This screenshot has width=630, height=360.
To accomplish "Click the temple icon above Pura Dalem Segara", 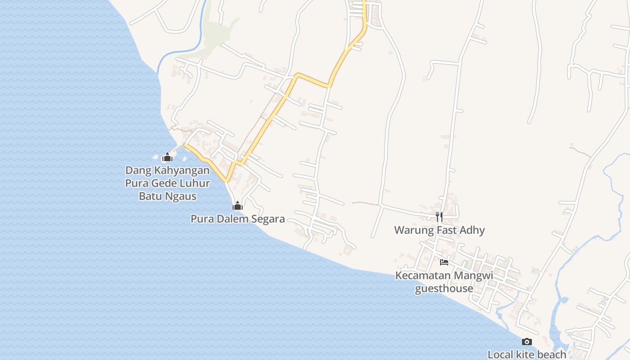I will pos(237,206).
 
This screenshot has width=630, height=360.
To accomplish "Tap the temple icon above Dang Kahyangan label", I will pos(167,157).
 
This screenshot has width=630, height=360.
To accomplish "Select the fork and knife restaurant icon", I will pos(439,217).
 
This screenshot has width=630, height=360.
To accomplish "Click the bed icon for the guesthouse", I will pos(444,262).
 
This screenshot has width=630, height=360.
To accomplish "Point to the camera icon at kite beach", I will pos(526,342).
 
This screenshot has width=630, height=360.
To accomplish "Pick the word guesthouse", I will pos(444,288).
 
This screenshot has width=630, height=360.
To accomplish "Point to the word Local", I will pos(500,355).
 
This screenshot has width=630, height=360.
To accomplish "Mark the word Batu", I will pos(151,197).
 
